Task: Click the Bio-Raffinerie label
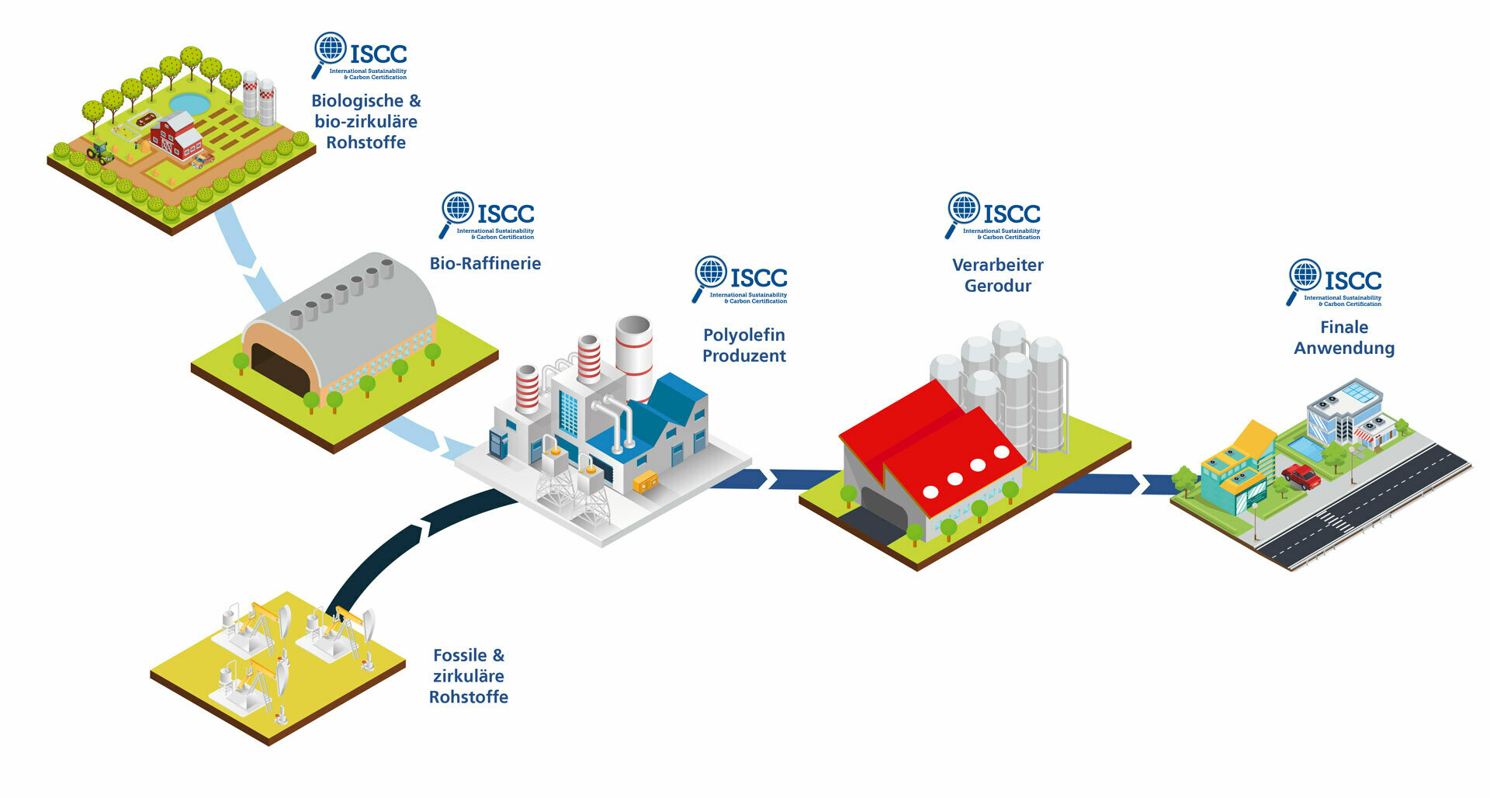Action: pyautogui.click(x=485, y=264)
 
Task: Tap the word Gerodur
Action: pyautogui.click(x=997, y=286)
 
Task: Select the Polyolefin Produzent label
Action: pyautogui.click(x=743, y=345)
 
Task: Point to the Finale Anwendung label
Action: pyautogui.click(x=1343, y=338)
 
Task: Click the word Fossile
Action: pyautogui.click(x=459, y=655)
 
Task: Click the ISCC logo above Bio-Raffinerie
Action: pyautogui.click(x=487, y=215)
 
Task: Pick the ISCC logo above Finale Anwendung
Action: pyautogui.click(x=1335, y=282)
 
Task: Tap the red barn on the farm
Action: pyautogui.click(x=176, y=136)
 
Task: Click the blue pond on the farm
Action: pyautogui.click(x=189, y=103)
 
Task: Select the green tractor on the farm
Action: pyautogui.click(x=99, y=152)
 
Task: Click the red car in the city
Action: pyautogui.click(x=1301, y=475)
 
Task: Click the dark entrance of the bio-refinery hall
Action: pyautogui.click(x=279, y=371)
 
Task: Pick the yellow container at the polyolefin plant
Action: pyautogui.click(x=644, y=483)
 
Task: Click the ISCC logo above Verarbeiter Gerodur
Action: pyautogui.click(x=993, y=215)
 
